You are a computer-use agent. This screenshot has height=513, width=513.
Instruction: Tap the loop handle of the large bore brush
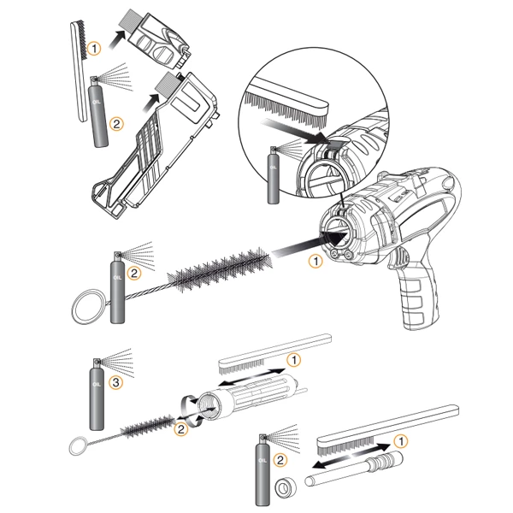87,305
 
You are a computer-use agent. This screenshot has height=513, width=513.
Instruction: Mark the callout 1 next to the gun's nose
315,262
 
